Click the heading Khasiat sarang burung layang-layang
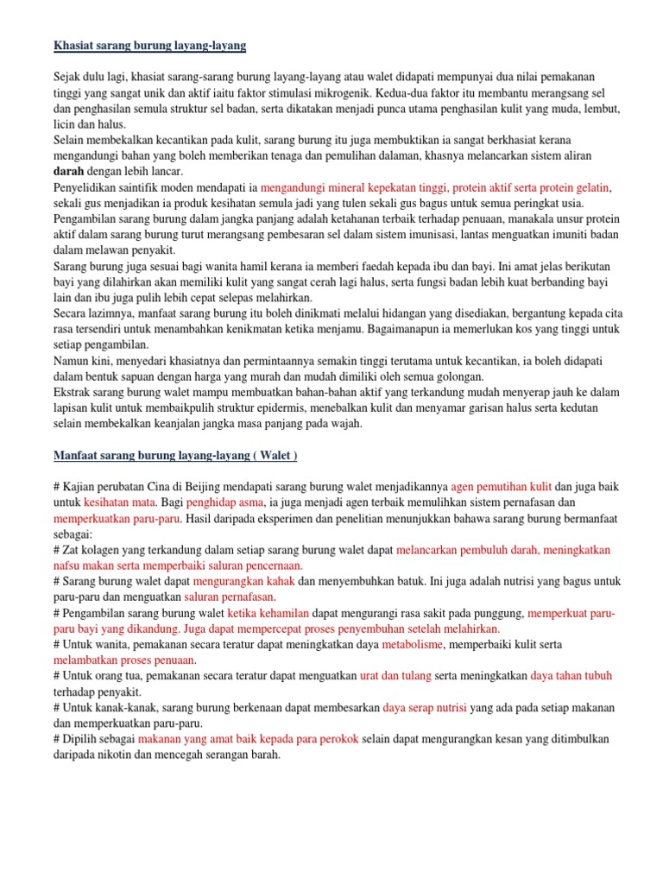150,43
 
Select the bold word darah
68,172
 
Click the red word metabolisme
413,645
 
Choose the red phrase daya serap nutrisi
425,708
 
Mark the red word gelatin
590,187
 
